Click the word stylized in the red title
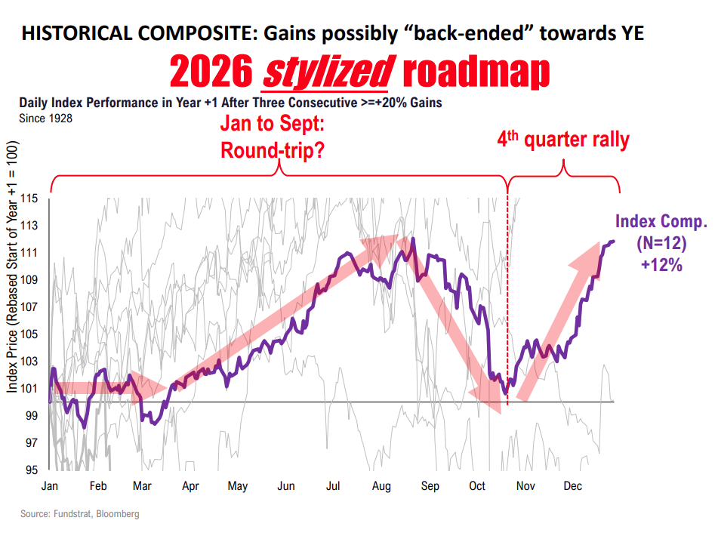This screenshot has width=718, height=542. click(326, 73)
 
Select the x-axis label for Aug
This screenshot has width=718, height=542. click(381, 487)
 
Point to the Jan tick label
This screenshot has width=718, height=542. click(51, 487)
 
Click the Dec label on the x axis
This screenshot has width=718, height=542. click(572, 487)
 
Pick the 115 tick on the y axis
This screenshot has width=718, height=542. click(30, 199)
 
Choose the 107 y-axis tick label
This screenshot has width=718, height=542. click(30, 307)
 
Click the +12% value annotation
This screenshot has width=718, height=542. click(662, 265)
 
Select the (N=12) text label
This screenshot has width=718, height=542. click(662, 244)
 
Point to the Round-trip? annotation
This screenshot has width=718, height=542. click(273, 150)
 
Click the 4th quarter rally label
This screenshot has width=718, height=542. click(563, 140)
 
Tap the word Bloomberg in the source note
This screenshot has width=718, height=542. click(118, 514)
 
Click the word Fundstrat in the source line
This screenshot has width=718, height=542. click(72, 514)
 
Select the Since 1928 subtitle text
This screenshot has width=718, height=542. click(46, 117)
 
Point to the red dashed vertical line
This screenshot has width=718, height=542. click(507, 302)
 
